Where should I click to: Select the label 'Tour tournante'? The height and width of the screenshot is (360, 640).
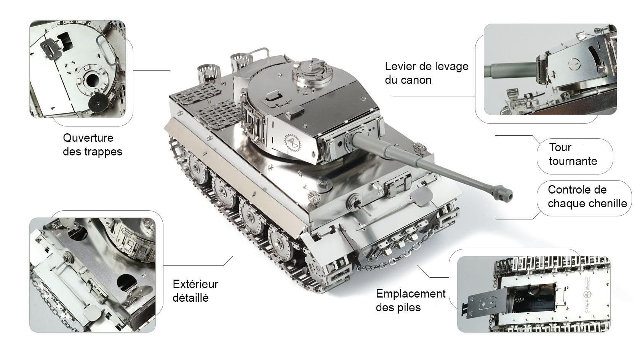(x=573, y=154)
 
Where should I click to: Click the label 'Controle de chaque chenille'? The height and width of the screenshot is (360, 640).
(x=587, y=197)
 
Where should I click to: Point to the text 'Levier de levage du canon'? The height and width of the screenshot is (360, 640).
(x=427, y=73)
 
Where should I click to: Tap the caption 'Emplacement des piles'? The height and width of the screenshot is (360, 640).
(x=411, y=300)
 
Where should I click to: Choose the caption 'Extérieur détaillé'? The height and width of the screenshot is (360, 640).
(x=195, y=291)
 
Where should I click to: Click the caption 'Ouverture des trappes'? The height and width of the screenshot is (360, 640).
(x=92, y=145)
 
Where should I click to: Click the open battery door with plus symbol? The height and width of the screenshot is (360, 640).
(x=486, y=303)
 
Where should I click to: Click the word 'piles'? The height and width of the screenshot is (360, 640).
(x=409, y=307)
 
